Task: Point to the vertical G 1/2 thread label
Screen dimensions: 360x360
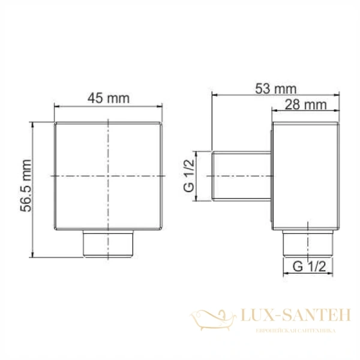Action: [188, 175]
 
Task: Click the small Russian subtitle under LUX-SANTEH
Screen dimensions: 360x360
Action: [294, 331]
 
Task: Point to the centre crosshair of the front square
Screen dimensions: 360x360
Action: [109, 175]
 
